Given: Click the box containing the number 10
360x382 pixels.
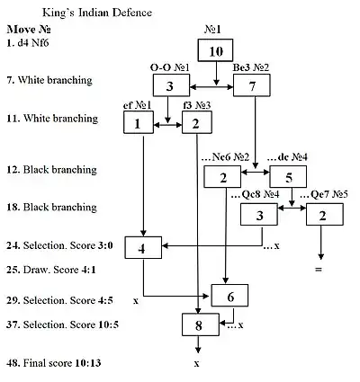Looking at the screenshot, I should (215, 51).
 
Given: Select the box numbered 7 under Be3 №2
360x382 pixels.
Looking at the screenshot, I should (251, 87).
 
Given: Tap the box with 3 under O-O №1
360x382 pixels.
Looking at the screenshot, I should (169, 87).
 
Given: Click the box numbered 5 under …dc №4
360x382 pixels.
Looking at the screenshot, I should (282, 177).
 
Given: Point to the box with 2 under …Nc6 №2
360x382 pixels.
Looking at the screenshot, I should (222, 177).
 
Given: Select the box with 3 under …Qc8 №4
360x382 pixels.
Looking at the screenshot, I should (259, 215).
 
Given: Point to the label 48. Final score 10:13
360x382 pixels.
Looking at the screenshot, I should (54, 365).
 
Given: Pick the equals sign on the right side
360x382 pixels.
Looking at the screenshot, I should (319, 269).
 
